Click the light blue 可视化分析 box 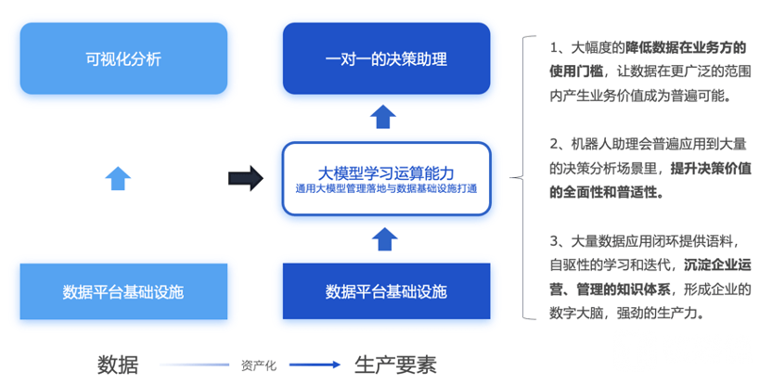point(123,58)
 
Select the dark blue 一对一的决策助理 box point(387,58)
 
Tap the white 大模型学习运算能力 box point(387,179)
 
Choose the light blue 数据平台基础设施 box point(123,291)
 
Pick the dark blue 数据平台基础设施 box point(387,291)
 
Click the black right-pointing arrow point(246,178)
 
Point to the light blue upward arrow point(118,178)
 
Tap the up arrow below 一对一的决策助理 point(383,117)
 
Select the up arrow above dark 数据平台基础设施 point(384,239)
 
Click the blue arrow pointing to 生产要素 point(315,365)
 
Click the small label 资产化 point(259,366)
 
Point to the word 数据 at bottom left point(118,366)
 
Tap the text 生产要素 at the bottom point(395,366)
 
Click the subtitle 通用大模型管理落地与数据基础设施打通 point(387,188)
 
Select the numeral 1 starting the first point point(553,48)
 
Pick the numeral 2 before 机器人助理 point(554,144)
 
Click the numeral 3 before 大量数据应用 point(554,241)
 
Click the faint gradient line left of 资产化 point(195,365)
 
